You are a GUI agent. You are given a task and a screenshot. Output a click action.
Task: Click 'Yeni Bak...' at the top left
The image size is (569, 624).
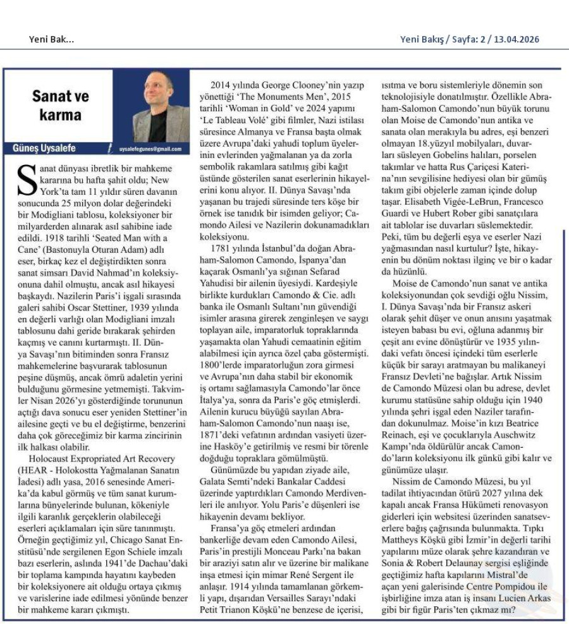coord(51,39)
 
